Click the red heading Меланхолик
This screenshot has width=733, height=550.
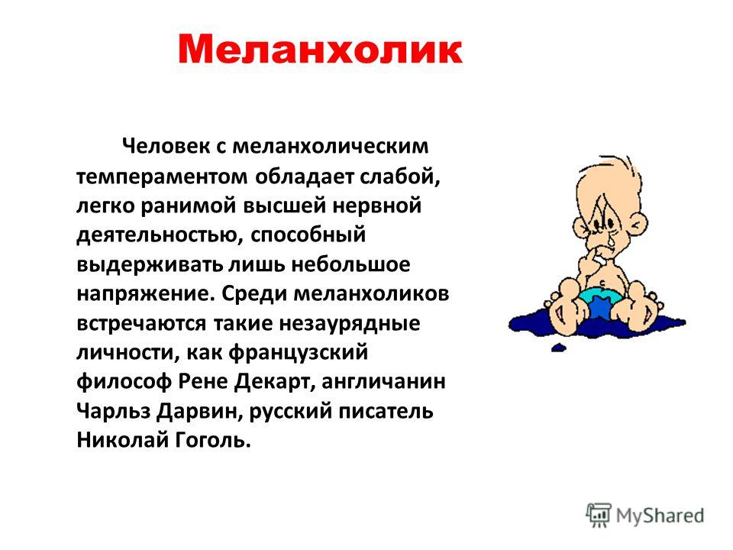click(x=320, y=49)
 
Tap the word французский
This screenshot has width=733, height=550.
click(x=299, y=352)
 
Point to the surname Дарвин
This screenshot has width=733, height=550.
click(x=202, y=411)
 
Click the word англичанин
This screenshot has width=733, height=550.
click(x=383, y=381)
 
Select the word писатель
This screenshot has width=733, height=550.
click(x=386, y=411)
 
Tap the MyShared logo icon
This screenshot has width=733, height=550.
click(x=599, y=516)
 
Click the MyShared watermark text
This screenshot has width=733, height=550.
click(x=660, y=516)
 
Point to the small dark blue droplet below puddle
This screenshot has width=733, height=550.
click(x=559, y=348)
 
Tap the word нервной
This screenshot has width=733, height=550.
click(x=377, y=205)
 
